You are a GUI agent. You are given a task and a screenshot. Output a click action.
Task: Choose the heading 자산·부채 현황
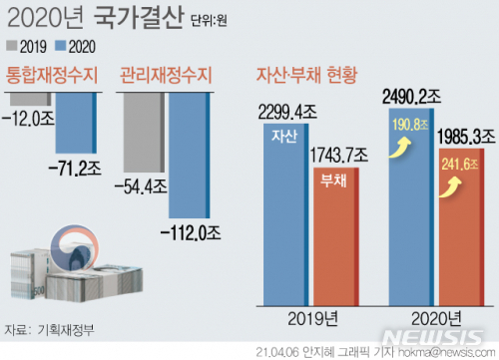pyautogui.click(x=307, y=75)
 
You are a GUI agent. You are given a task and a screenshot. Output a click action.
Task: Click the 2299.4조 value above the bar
pyautogui.click(x=286, y=112)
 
